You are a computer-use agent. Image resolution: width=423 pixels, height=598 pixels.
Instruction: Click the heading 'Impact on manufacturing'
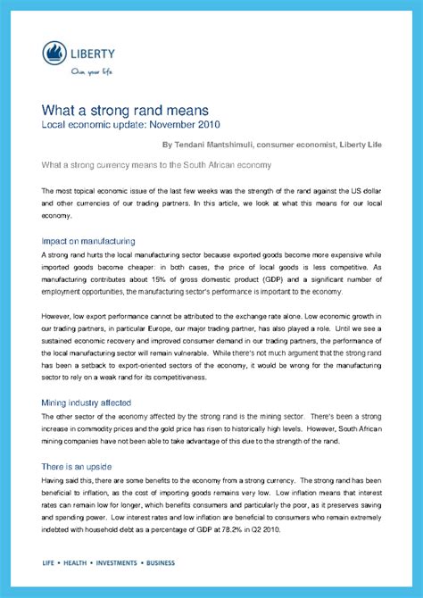tap(88, 241)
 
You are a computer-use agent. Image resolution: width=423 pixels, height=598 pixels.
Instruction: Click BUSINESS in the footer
tap(161, 563)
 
